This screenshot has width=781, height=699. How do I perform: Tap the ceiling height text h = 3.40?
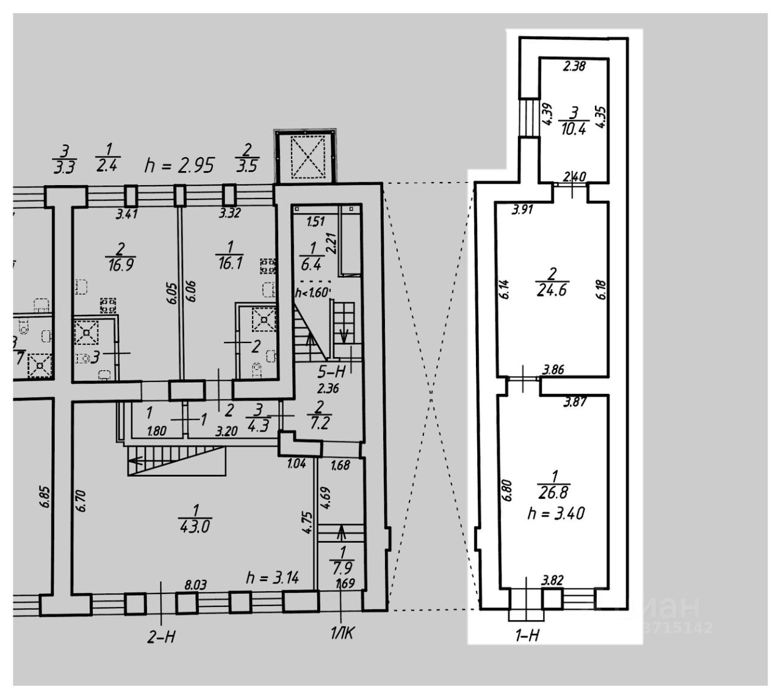555,513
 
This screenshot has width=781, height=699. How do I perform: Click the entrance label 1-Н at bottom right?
527,636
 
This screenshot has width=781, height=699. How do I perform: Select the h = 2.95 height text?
179,165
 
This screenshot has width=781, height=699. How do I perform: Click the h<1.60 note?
312,293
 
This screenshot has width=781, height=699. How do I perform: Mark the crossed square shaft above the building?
304,156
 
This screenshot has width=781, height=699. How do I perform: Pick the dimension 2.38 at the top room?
574,66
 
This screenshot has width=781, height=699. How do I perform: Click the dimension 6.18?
602,287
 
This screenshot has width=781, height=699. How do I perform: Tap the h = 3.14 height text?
272,577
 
